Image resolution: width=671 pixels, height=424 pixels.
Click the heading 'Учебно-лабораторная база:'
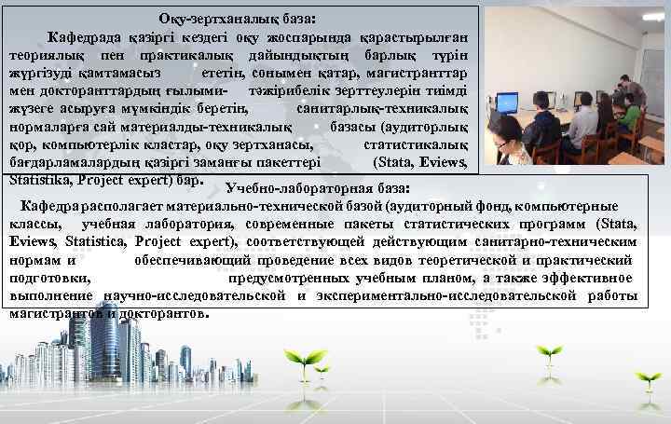pyautogui.click(x=317, y=189)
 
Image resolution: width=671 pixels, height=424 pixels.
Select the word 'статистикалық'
pyautogui.click(x=422, y=144)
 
